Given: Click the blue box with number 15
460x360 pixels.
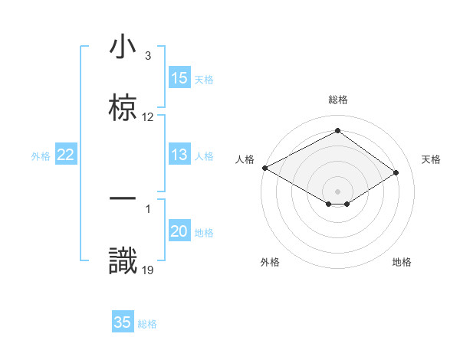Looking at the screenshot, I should (x=179, y=78).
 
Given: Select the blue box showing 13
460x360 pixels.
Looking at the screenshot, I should (x=179, y=155).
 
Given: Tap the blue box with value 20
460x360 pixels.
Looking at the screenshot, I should (x=179, y=232).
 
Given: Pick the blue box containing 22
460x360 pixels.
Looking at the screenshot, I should (x=66, y=155).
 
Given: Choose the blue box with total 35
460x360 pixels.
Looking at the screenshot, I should (x=123, y=323).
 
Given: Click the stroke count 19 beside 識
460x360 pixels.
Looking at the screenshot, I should (x=148, y=269).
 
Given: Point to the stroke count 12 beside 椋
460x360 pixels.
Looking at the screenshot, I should (x=148, y=117).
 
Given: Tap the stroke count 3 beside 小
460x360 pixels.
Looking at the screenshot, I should (x=148, y=56).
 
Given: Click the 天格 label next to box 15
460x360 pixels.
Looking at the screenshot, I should (x=204, y=79).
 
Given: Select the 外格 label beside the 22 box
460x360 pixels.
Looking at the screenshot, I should (x=41, y=156).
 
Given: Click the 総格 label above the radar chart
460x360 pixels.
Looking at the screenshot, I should (x=337, y=100).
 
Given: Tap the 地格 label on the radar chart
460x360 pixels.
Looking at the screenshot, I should (x=402, y=262).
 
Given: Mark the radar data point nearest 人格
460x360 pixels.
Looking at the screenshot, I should (x=264, y=167).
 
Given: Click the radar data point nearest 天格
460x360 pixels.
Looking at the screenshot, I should (x=396, y=173).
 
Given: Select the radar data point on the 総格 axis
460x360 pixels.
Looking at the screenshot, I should (x=337, y=130).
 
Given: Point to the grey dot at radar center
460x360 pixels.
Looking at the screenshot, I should (x=337, y=191).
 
